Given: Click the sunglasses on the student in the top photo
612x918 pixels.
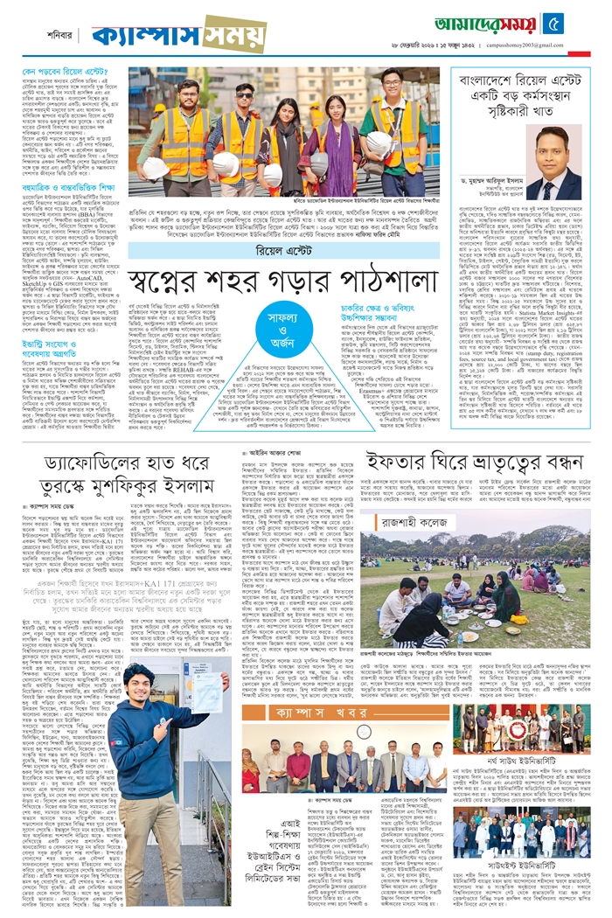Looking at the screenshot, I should (x=243, y=94).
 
